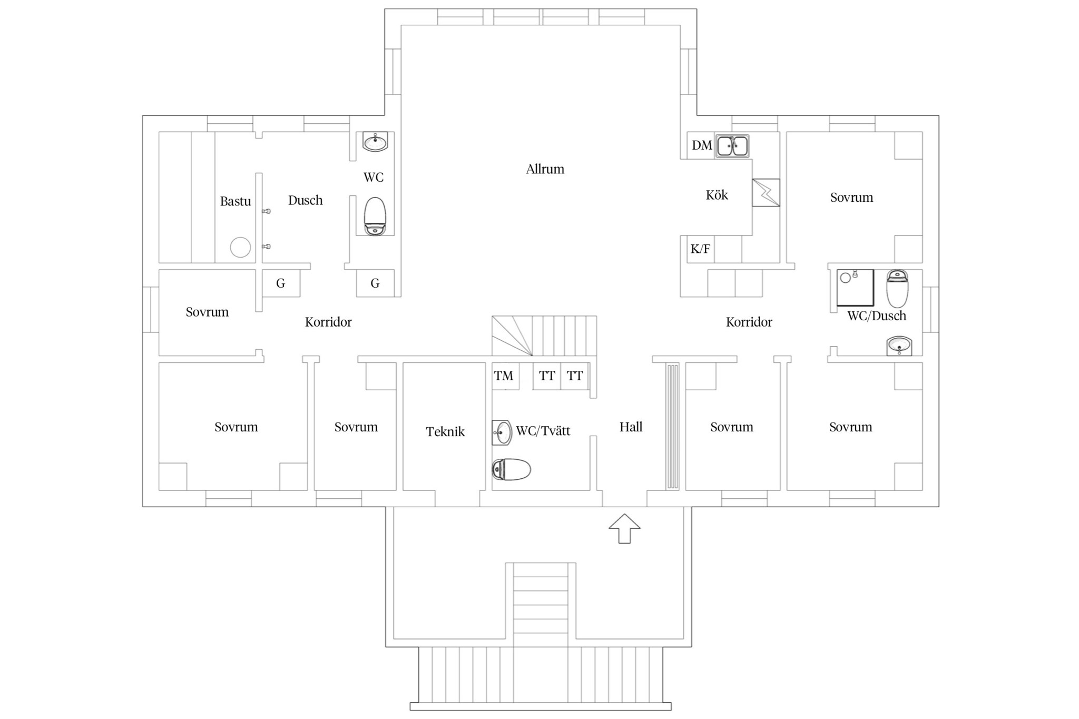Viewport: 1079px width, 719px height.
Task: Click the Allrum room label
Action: click(545, 169)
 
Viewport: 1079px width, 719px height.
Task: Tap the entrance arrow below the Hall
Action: click(624, 528)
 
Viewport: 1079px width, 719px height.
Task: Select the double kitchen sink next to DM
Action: click(732, 146)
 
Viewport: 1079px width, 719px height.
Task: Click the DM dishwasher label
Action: click(702, 145)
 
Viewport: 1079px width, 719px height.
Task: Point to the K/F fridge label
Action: click(700, 249)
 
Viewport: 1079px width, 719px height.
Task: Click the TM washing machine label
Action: click(503, 376)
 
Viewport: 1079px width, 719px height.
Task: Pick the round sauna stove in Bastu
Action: click(240, 247)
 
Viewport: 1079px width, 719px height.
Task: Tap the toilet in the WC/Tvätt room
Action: click(511, 469)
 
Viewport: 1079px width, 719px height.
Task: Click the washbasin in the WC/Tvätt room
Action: click(502, 432)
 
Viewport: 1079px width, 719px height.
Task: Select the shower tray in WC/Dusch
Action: click(855, 288)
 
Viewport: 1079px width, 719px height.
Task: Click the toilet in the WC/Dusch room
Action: click(897, 289)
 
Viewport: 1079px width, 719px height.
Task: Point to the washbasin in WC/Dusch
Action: click(899, 346)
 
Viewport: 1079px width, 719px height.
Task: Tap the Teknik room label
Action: click(445, 432)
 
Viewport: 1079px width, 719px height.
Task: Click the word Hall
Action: click(631, 427)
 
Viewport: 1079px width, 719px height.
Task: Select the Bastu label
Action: click(236, 201)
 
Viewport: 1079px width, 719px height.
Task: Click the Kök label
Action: click(717, 195)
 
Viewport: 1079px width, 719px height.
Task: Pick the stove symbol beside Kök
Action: click(766, 192)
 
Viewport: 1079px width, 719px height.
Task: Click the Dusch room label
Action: click(305, 200)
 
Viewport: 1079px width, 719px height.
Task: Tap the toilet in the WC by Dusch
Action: click(375, 216)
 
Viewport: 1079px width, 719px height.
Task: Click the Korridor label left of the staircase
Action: click(328, 322)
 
